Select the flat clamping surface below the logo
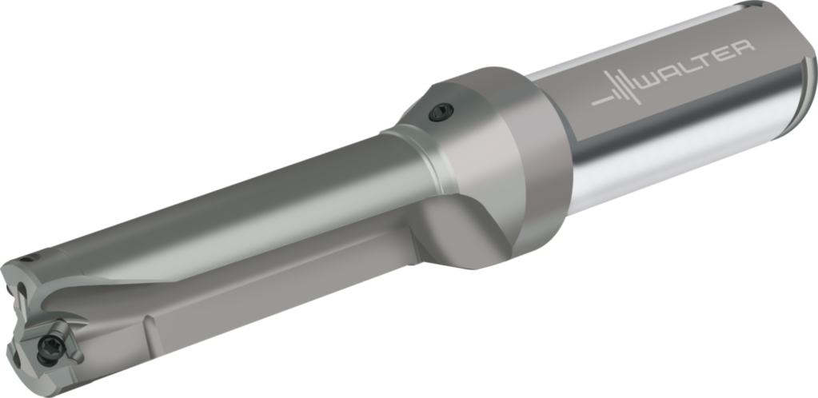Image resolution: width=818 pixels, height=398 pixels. (680, 120)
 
